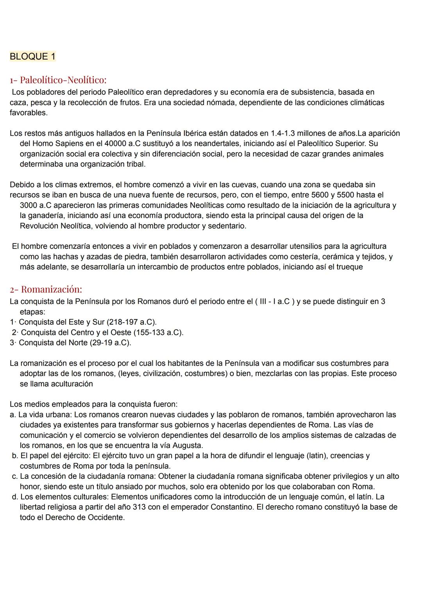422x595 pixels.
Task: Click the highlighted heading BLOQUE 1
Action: click(x=32, y=57)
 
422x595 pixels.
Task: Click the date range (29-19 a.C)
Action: click(x=108, y=343)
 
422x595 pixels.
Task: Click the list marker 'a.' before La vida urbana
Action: click(x=13, y=414)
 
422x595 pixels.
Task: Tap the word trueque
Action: click(x=349, y=267)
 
